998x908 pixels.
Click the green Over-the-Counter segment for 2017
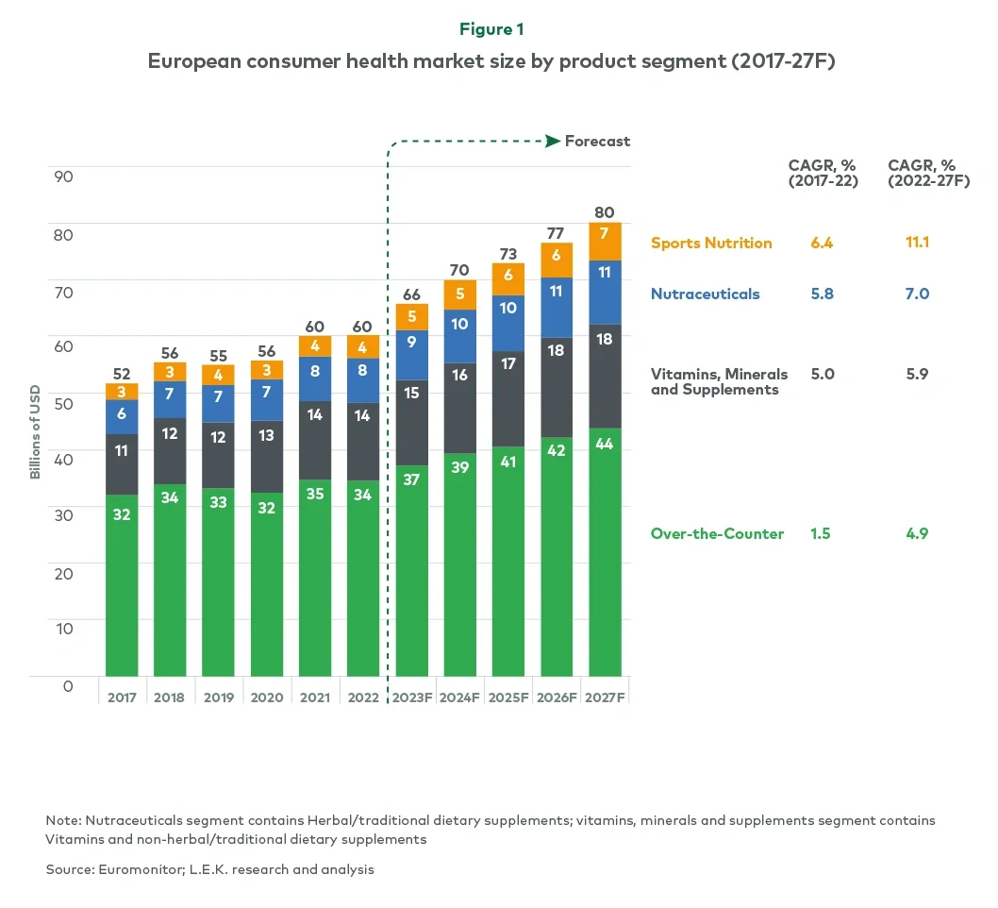click(122, 585)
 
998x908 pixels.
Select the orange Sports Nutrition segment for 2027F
click(605, 242)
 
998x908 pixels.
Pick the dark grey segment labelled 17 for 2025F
click(507, 398)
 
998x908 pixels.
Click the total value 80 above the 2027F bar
click(605, 211)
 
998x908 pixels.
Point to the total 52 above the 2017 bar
click(122, 373)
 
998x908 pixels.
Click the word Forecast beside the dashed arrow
click(597, 141)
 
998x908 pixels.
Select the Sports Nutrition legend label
click(711, 243)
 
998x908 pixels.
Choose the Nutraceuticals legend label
click(705, 294)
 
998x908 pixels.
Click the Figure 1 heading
click(498, 29)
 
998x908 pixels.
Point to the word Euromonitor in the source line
click(132, 869)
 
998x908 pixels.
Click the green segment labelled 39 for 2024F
click(459, 566)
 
